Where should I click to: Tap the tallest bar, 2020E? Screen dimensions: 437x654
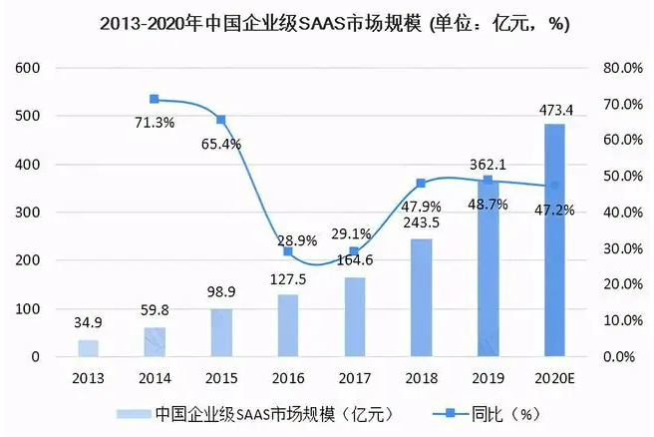(554, 239)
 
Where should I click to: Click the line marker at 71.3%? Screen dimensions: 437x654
(155, 99)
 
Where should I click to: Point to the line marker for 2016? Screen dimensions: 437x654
(288, 251)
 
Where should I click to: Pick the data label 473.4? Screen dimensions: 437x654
(554, 109)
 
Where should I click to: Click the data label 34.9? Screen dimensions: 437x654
(89, 324)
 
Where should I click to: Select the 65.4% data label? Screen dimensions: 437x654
(220, 144)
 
